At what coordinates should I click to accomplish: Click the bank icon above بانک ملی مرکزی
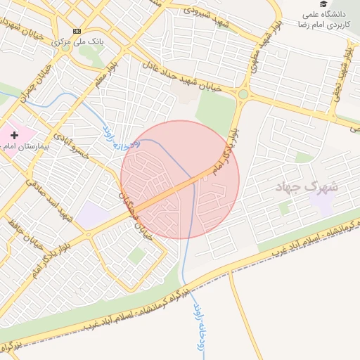pyautogui.click(x=77, y=31)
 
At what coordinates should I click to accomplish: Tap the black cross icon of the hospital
pyautogui.click(x=14, y=134)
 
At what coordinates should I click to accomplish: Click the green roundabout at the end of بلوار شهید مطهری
pyautogui.click(x=243, y=94)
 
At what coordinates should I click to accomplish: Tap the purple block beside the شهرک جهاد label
pyautogui.click(x=323, y=203)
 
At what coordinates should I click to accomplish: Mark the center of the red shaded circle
pyautogui.click(x=179, y=179)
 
